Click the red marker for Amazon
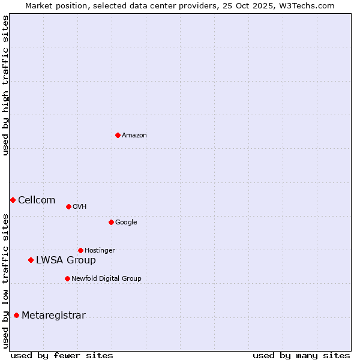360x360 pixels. (x=118, y=135)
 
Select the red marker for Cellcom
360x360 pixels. (x=13, y=200)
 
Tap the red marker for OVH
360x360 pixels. (x=68, y=206)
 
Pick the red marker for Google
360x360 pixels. (x=111, y=222)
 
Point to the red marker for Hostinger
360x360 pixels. (x=80, y=250)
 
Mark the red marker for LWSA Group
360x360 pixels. (x=31, y=260)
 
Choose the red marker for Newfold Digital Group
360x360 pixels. (x=67, y=278)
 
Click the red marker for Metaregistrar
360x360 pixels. (x=16, y=315)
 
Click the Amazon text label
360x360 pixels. (x=134, y=136)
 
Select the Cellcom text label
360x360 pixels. (x=37, y=200)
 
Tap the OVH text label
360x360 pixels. (x=80, y=207)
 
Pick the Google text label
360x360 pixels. (x=126, y=223)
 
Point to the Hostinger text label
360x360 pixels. (x=100, y=251)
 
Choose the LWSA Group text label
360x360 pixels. (x=66, y=260)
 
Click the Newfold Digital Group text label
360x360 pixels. (x=106, y=279)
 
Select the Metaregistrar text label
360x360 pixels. (x=53, y=316)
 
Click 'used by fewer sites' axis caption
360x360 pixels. (x=62, y=355)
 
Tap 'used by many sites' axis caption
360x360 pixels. (x=301, y=355)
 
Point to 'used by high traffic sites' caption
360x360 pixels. (x=5, y=86)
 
